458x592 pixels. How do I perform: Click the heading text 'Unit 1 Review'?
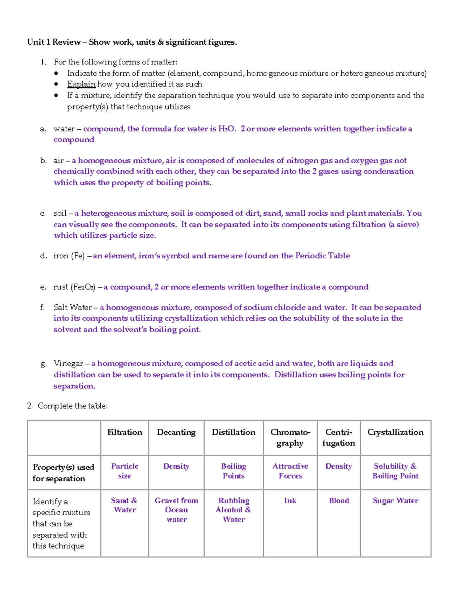[54, 42]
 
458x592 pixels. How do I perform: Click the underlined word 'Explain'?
[81, 84]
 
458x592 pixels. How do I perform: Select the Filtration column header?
[124, 432]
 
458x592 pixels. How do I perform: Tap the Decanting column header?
[176, 432]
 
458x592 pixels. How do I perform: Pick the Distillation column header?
[234, 432]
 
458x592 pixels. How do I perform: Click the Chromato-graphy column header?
[290, 438]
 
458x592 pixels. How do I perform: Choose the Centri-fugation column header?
[339, 438]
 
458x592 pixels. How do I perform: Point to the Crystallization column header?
[395, 432]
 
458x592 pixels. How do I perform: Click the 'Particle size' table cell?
[124, 471]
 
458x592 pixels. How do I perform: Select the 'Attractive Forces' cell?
[290, 471]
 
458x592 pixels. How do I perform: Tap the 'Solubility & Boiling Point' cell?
[395, 471]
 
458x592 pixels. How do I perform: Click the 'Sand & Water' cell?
[124, 505]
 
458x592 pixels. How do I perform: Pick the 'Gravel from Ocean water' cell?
[176, 510]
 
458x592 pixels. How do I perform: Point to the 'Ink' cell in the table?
[290, 501]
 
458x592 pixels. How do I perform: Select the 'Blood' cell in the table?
[339, 501]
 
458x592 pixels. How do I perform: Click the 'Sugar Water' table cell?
[395, 501]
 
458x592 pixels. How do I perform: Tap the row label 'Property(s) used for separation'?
[63, 473]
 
